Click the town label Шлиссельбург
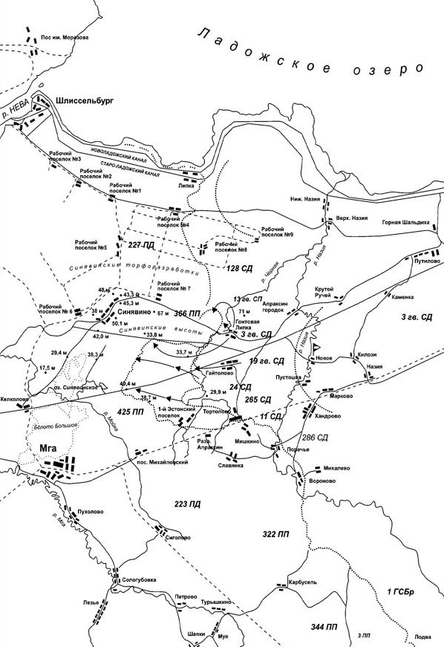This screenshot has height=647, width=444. (x=88, y=100)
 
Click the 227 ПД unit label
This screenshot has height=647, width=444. (x=142, y=244)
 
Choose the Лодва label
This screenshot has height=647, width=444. (x=422, y=637)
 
